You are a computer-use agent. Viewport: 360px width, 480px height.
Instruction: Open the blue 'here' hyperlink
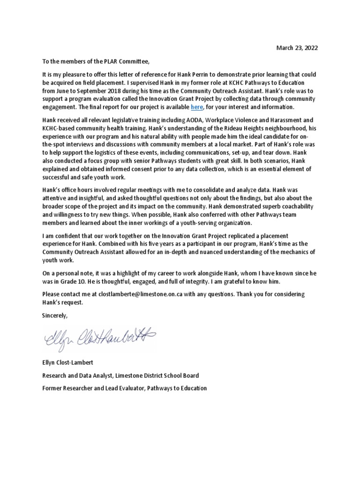[x=196, y=106]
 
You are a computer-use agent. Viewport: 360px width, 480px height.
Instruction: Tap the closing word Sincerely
[x=55, y=315]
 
